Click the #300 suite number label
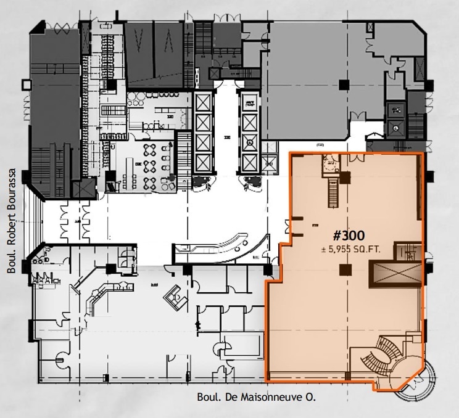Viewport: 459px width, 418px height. pos(349,235)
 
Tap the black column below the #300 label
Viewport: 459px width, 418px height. pos(345,269)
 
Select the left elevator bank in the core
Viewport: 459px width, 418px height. pos(203,132)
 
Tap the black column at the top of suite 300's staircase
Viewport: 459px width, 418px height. pos(344,178)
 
